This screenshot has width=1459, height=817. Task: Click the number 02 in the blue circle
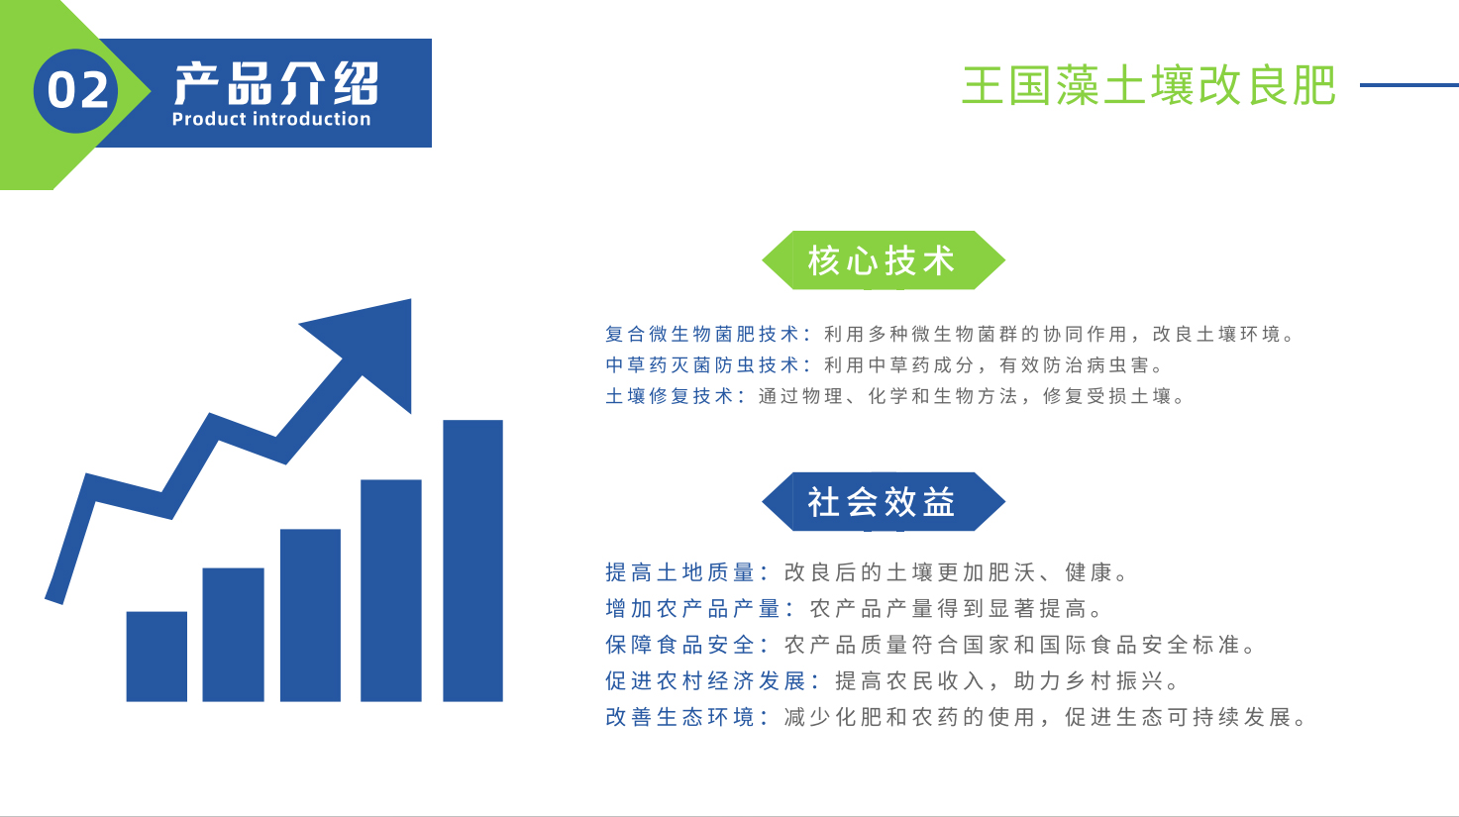(77, 90)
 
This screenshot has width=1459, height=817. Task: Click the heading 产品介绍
(276, 84)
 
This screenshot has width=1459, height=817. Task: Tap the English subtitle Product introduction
(271, 119)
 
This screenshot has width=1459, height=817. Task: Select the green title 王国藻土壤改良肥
(1149, 85)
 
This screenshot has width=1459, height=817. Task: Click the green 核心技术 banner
(884, 260)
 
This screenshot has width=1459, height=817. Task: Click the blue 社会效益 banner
(884, 502)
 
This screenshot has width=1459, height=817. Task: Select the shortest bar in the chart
(156, 657)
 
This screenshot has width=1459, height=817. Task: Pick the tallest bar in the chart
(472, 561)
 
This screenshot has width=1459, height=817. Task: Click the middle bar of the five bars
(311, 615)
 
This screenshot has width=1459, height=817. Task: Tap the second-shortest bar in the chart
(233, 635)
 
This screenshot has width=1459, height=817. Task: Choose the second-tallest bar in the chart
(391, 590)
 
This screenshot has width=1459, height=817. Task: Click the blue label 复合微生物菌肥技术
(702, 334)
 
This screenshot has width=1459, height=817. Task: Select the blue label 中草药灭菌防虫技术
(702, 365)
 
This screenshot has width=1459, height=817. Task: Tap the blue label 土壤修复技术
(670, 396)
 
